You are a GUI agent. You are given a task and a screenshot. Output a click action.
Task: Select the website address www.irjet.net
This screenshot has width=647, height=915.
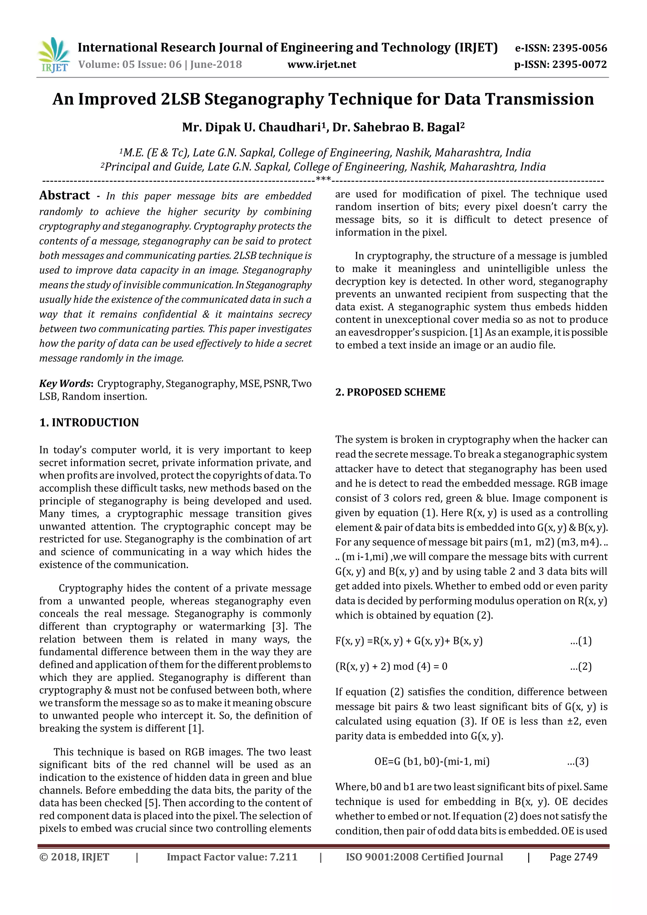tap(322, 64)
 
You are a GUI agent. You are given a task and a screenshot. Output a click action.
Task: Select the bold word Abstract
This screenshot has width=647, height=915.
tap(64, 195)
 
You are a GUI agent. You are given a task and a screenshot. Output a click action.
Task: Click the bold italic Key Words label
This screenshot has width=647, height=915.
tap(65, 383)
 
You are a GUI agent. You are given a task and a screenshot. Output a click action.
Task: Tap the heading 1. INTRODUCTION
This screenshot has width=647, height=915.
tap(89, 422)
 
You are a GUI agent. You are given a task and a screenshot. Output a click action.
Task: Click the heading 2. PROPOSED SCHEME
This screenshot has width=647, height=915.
tap(390, 392)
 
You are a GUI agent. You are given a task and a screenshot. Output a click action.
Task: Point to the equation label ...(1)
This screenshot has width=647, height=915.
tap(581, 641)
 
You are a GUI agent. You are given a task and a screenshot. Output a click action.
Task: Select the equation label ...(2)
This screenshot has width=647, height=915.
tap(581, 666)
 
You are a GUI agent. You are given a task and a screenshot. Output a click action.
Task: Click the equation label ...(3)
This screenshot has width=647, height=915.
tap(578, 761)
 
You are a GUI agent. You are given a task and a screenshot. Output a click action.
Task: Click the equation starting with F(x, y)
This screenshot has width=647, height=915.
tap(409, 641)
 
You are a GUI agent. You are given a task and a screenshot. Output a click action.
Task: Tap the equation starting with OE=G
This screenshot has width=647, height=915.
tap(432, 761)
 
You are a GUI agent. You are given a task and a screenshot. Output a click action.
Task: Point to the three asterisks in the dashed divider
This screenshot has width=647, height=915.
tap(323, 179)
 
